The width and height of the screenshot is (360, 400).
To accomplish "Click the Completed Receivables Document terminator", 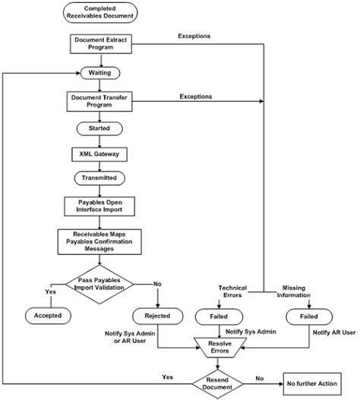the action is pos(100,12).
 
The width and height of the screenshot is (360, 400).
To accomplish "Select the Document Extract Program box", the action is pos(101,44).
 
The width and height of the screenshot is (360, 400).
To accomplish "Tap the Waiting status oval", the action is pos(100,73).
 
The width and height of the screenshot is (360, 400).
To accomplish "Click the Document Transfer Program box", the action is pos(99,102).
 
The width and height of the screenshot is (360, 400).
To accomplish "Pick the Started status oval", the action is pos(99,128).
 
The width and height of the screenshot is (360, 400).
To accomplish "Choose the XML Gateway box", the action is pos(99,154).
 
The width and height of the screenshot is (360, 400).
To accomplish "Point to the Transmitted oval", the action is pos(99,178).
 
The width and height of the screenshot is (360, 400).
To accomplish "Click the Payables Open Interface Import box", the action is pos(99,206).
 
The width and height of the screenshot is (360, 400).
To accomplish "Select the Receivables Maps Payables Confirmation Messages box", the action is pos(99,242).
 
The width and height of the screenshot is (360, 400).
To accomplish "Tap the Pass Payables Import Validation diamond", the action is pos(99,284).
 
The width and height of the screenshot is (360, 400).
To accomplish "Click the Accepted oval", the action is pos(48,316).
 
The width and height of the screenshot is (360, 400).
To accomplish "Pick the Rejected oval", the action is pos(157,316).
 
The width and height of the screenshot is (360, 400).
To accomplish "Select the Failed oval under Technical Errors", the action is pos(219,317).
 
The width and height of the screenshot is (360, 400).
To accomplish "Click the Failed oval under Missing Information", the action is pos(309,317).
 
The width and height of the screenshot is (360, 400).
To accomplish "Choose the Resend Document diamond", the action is pos(217,383).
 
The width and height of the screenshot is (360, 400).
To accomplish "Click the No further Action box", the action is pos(312,383).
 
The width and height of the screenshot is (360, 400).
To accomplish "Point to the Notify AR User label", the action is pos(334,332).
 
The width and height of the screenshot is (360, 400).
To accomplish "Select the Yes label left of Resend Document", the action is pos(168,377).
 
